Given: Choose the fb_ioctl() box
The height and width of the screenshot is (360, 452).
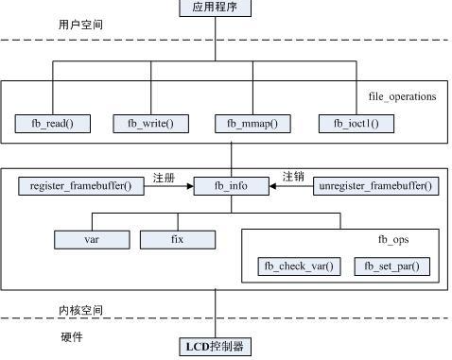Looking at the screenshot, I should coord(356,123).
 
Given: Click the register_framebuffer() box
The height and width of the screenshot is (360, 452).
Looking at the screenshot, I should coord(80,186).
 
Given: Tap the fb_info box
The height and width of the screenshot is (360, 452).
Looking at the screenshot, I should coord(231,186).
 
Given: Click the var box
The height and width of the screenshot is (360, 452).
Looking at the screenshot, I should coord(92,240).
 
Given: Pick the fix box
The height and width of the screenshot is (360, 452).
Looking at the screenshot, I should coord(177,240).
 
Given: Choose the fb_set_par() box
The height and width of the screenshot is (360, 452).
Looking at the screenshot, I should coord(391,266).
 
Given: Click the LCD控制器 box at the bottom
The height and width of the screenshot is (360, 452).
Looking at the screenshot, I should coord(215,346).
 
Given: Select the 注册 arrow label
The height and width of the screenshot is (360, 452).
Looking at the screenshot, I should coord(165,176).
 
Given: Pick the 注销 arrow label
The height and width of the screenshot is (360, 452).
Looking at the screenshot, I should coord(293,176).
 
